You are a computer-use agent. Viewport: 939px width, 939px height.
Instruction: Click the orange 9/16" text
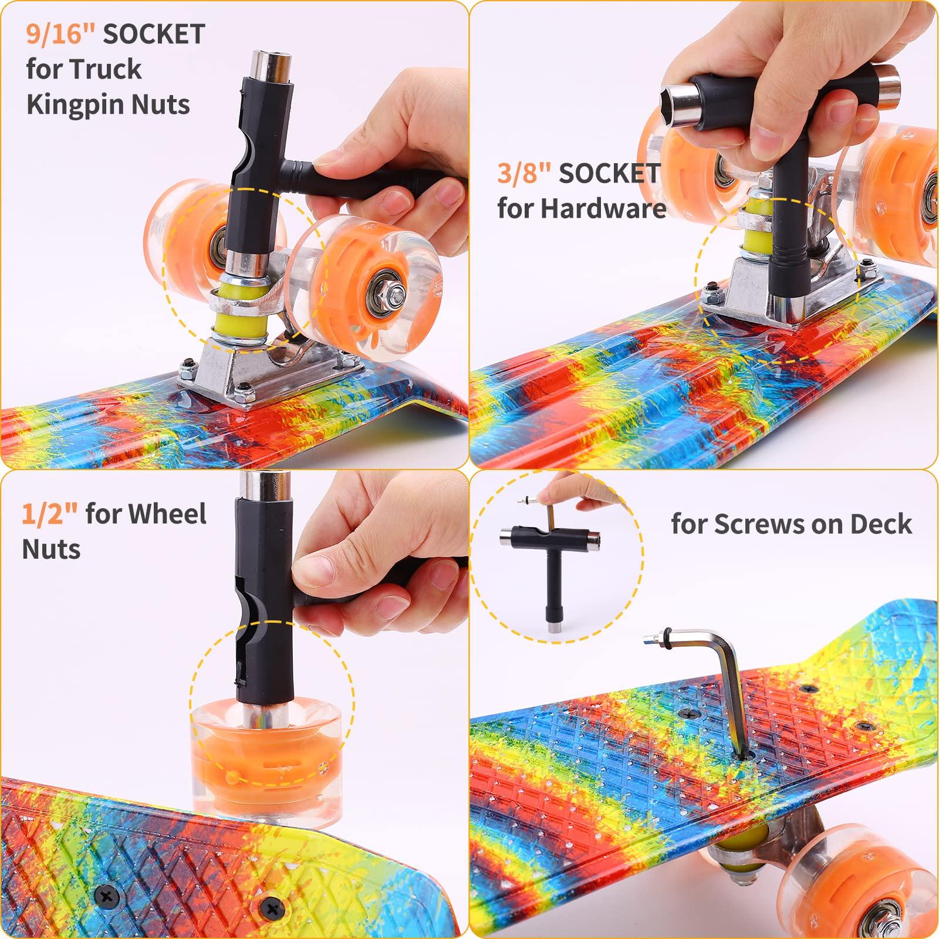coord(60,34)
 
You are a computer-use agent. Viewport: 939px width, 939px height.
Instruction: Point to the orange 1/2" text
coord(49,514)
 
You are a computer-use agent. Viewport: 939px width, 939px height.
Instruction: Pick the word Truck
coord(113,70)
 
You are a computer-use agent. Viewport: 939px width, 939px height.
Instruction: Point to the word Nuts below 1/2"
coord(52,550)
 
